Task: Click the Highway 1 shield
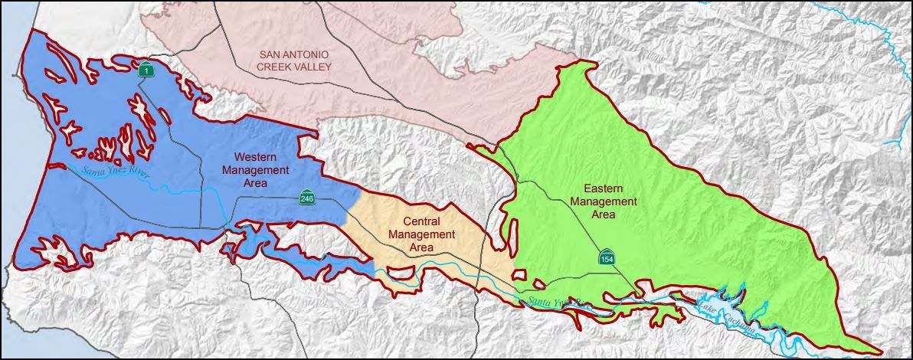click(146, 70)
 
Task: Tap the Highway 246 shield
click(306, 199)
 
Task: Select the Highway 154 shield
click(606, 258)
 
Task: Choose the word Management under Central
click(422, 235)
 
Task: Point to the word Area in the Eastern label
click(604, 214)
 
